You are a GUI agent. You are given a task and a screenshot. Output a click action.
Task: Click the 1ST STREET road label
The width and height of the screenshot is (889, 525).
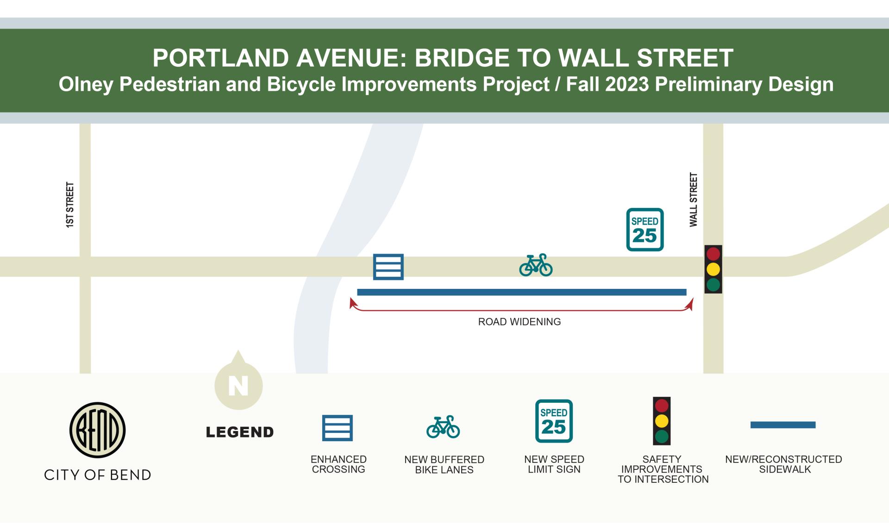[70, 205]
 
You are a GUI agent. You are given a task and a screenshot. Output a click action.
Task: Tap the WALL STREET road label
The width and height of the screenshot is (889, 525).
[693, 200]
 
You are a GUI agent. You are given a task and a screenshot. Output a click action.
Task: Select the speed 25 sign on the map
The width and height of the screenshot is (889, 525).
[645, 230]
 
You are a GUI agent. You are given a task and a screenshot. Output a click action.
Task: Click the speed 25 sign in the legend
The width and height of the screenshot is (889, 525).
[554, 421]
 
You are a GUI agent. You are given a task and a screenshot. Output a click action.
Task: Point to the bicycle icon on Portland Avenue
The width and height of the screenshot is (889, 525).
[536, 265]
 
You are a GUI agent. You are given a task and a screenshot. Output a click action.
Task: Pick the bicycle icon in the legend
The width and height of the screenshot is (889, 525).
[443, 427]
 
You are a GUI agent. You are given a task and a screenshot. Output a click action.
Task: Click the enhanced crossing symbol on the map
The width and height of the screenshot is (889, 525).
[388, 267]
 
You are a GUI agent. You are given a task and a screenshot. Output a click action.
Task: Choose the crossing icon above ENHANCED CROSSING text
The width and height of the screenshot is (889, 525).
[338, 428]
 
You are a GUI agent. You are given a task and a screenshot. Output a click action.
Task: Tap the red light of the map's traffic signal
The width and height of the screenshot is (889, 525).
[713, 254]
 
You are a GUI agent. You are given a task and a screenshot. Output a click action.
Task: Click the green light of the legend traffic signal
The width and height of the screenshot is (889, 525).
[662, 436]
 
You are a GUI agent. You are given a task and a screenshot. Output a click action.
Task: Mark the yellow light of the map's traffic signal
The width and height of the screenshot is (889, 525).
[713, 269]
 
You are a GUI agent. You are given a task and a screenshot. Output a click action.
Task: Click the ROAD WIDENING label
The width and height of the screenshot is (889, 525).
[519, 322]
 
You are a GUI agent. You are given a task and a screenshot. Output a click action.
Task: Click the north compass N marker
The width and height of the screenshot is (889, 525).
[238, 385]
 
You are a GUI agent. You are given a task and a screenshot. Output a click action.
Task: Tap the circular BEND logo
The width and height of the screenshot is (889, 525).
[97, 430]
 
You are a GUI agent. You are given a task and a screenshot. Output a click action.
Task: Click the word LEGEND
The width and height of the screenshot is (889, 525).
[240, 432]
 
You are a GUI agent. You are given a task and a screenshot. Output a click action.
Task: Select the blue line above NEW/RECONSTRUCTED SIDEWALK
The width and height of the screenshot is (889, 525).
[783, 425]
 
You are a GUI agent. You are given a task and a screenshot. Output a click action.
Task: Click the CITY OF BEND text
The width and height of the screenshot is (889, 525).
[97, 475]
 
